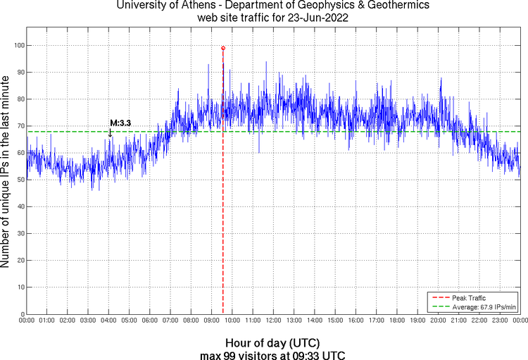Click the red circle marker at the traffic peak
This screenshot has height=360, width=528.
[x=223, y=48]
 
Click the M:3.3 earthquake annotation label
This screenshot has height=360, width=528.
[x=120, y=123]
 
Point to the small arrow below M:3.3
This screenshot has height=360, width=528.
[x=110, y=132]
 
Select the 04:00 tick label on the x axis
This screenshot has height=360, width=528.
[x=109, y=321]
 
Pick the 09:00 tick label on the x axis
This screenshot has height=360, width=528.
[x=212, y=321]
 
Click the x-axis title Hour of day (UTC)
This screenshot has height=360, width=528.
[x=272, y=342]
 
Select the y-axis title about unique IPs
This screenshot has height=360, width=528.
[x=6, y=173]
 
